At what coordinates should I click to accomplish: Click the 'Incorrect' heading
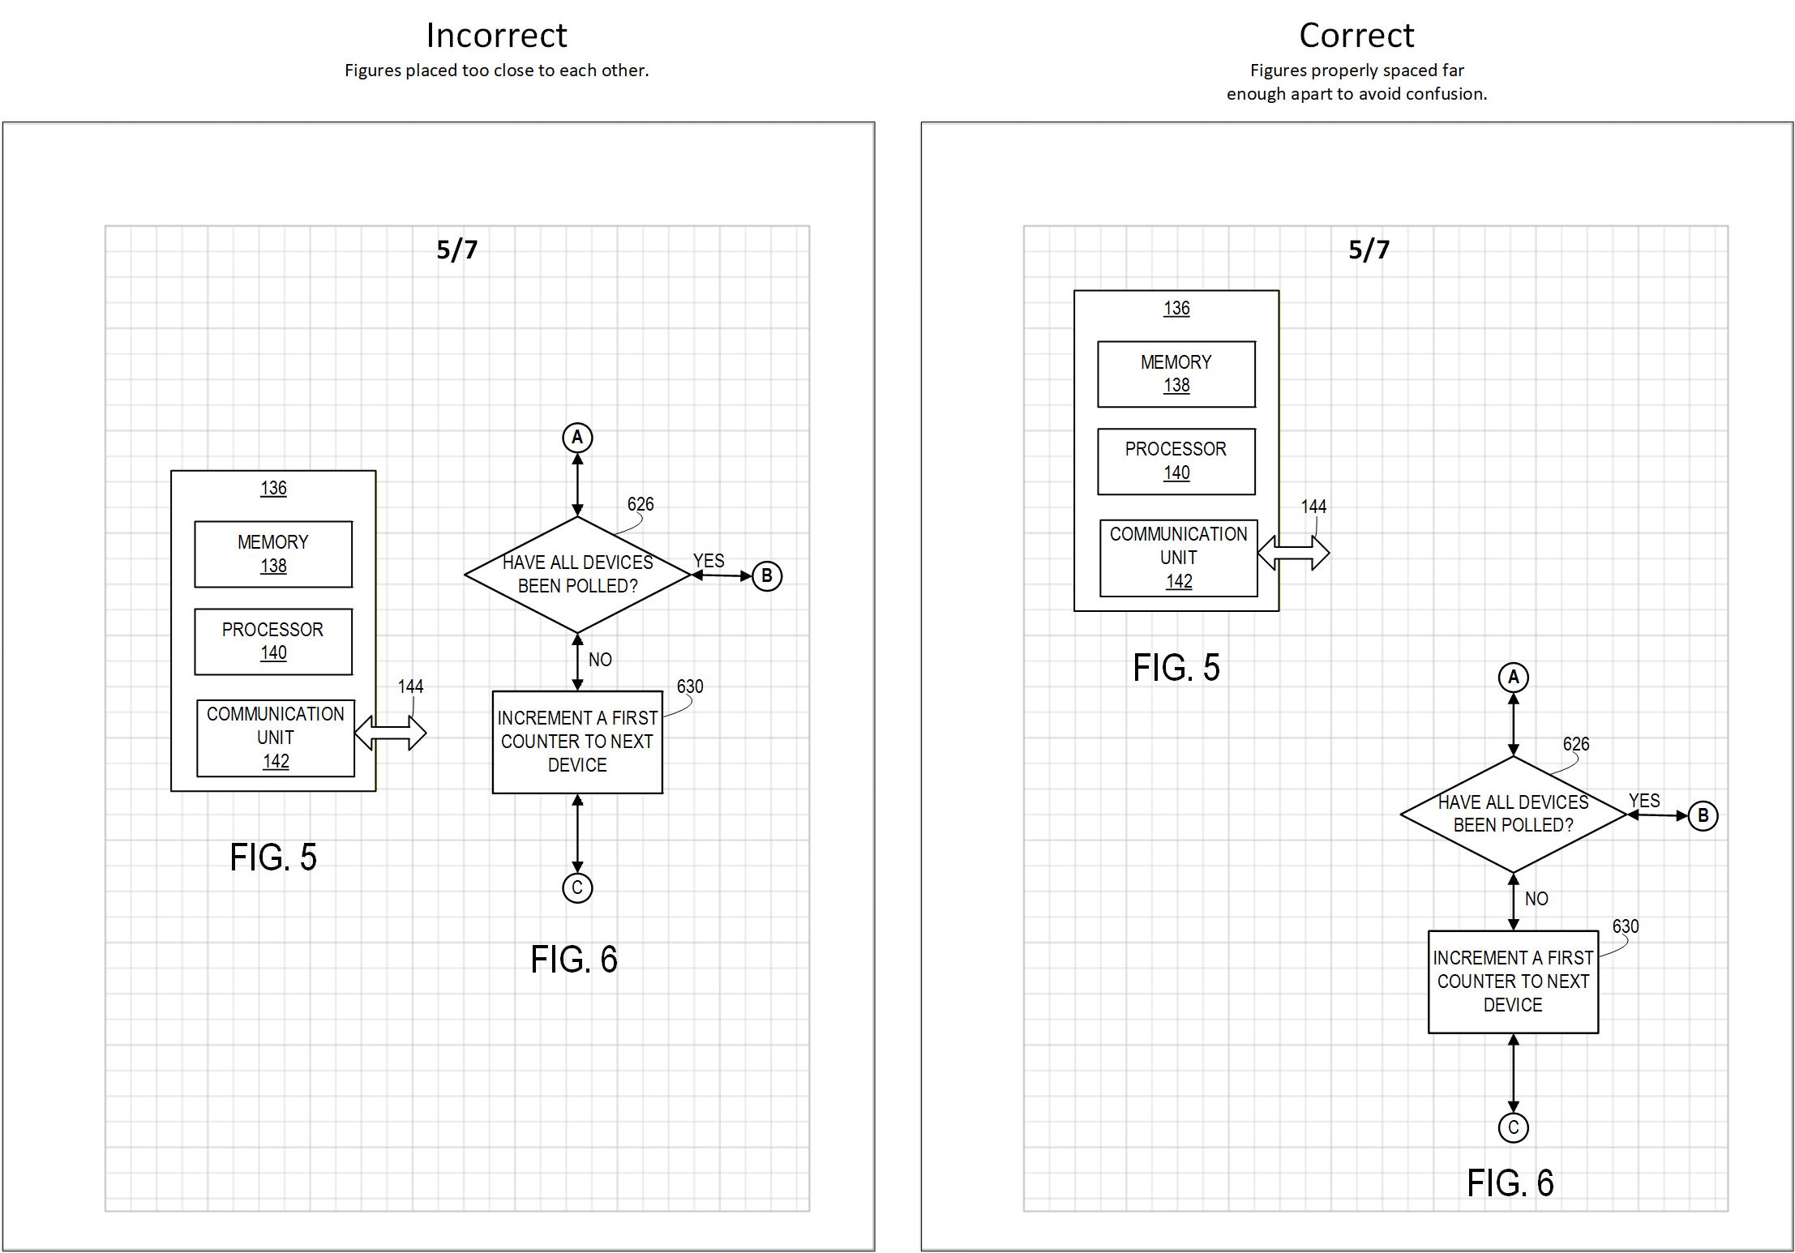pos(496,36)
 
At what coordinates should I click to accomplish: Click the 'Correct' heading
pos(1356,36)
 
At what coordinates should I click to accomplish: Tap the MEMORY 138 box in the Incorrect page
pos(273,554)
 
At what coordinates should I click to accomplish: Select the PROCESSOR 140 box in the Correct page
pos(1176,461)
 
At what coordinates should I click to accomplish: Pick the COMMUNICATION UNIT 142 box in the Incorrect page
pos(276,738)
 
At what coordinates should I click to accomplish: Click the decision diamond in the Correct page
pos(1513,814)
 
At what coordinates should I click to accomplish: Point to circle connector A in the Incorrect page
pos(577,438)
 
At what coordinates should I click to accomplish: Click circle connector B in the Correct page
pos(1703,815)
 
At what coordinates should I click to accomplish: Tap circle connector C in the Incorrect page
pos(577,887)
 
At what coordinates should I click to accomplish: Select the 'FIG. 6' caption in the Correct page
pos(1510,1183)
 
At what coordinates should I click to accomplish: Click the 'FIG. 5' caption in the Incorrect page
pos(273,857)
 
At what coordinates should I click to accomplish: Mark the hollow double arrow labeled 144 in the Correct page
pos(1293,554)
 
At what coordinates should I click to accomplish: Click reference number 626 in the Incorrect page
pos(640,504)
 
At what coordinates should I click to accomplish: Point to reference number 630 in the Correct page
pos(1625,926)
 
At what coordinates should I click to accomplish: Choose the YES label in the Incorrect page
pos(709,561)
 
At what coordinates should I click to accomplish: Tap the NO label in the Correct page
pos(1536,899)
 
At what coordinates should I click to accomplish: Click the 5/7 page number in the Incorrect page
pos(457,250)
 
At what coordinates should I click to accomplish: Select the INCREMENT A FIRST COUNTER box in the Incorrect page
pos(577,742)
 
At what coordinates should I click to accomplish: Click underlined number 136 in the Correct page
pos(1176,308)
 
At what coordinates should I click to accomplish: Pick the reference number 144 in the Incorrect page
pos(410,686)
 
